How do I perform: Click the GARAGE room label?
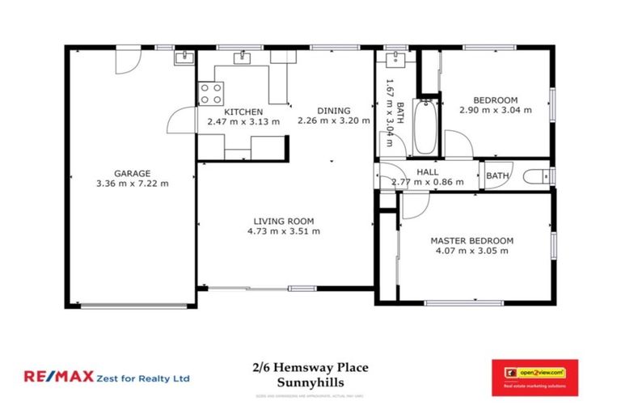(x=132, y=173)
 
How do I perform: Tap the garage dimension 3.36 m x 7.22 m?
(x=132, y=184)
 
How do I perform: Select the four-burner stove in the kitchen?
(x=211, y=91)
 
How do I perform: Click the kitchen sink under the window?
(x=243, y=58)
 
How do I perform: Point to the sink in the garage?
(x=184, y=57)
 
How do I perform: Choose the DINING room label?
(x=333, y=112)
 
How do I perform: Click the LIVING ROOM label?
(x=283, y=221)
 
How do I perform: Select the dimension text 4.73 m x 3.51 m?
(x=283, y=231)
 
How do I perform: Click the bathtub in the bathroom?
(x=424, y=128)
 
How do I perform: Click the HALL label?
(x=427, y=172)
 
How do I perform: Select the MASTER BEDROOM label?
(x=471, y=241)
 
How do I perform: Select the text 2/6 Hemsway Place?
(x=310, y=368)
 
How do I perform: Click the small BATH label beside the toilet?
(x=497, y=175)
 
